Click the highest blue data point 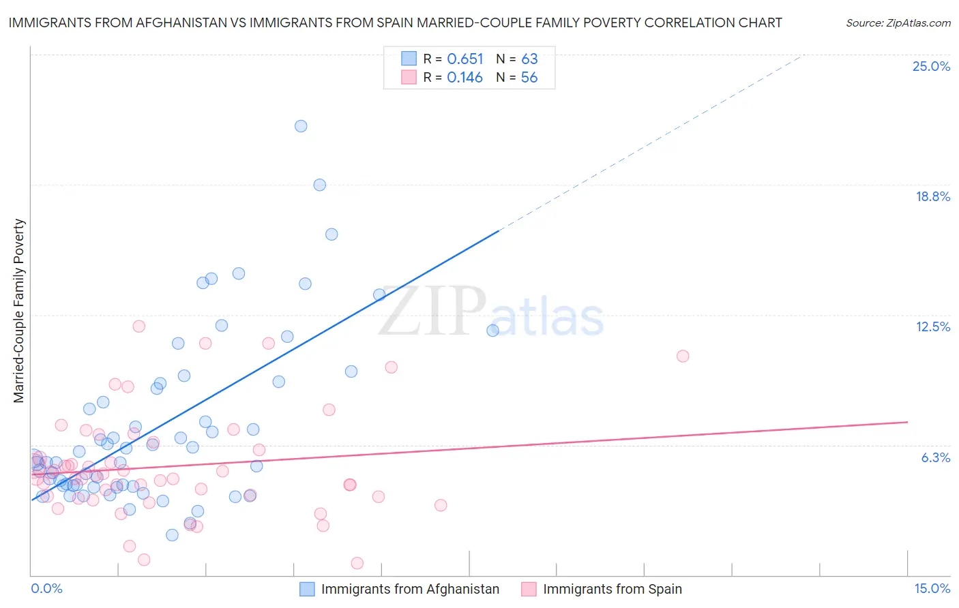coord(301,126)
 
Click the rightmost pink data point coord(683,356)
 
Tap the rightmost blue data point coord(492,331)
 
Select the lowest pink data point coord(357,563)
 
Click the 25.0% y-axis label coord(931,66)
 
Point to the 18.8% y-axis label coord(932,196)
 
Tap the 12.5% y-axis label coord(932,326)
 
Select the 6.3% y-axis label coord(935,457)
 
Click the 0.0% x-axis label coord(46,588)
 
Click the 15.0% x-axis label coord(932,588)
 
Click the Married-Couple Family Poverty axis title coord(19,311)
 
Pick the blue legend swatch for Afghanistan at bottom coord(308,589)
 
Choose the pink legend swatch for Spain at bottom coord(529,589)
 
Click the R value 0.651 coord(465,59)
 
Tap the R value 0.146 coord(465,78)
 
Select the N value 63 coord(529,59)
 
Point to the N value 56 coord(529,78)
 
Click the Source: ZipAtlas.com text coord(898,23)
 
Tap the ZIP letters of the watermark coord(432,312)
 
